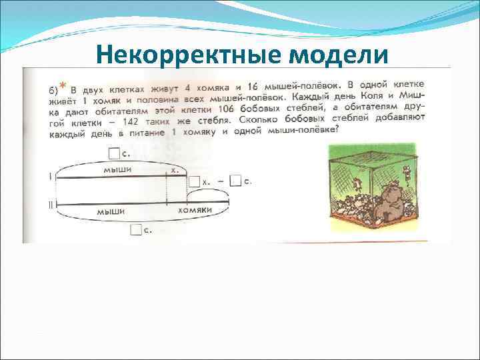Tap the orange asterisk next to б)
(63, 85)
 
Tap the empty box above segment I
(114, 154)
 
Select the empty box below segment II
(137, 231)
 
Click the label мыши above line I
(117, 169)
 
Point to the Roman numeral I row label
(49, 177)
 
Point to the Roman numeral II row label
(50, 205)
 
